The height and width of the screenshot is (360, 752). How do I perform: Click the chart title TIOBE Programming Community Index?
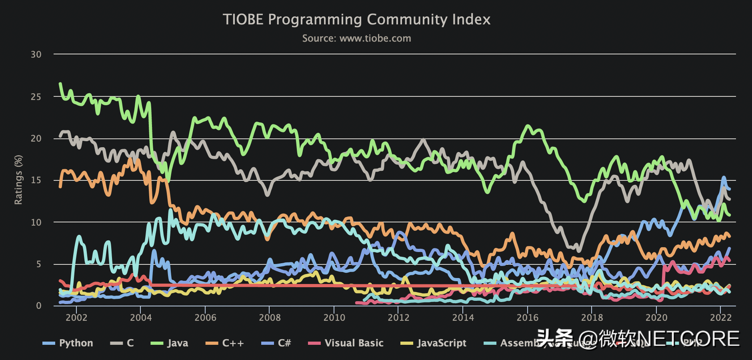click(356, 20)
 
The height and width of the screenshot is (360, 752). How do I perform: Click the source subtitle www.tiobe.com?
click(356, 38)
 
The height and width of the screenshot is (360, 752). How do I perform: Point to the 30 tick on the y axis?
click(36, 54)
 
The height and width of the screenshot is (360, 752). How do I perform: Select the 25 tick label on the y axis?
click(36, 97)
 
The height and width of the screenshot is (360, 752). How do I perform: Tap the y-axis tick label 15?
click(36, 180)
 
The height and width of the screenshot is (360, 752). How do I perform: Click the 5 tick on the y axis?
click(38, 264)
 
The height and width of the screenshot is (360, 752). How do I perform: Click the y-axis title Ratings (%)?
click(18, 180)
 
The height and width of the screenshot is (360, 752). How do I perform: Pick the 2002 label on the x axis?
click(76, 318)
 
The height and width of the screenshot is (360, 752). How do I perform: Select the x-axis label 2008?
click(270, 318)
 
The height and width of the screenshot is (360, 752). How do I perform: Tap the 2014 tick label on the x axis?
click(463, 318)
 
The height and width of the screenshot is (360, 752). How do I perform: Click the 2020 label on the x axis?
click(656, 318)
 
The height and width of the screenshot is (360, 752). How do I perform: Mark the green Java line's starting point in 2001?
click(60, 83)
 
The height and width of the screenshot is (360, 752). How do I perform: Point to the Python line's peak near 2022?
click(724, 177)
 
